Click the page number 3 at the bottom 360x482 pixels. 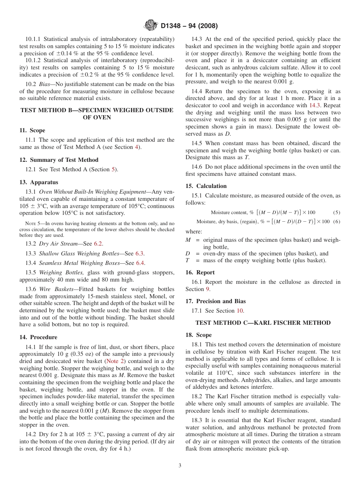[x=180, y=466]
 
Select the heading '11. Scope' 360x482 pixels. [x=32, y=130]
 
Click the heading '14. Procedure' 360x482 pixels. [x=38, y=337]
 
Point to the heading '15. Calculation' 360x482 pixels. [x=206, y=186]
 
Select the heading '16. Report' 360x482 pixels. [x=200, y=272]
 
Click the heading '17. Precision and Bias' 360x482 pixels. [x=216, y=301]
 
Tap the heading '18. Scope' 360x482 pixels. [x=199, y=335]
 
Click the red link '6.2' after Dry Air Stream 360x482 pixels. [x=98, y=244]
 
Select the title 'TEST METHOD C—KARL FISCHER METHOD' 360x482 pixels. [x=263, y=323]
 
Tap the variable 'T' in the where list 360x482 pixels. [x=188, y=260]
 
